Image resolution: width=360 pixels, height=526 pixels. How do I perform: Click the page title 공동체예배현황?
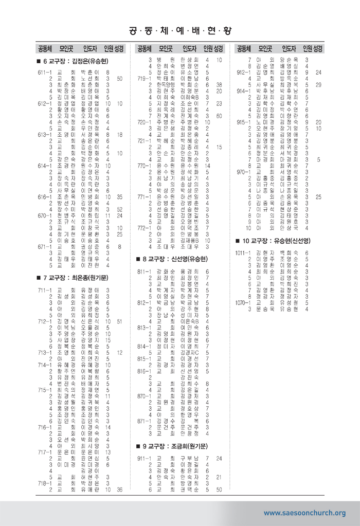click(x=180, y=30)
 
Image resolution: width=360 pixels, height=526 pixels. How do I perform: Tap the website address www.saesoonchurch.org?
click(x=304, y=513)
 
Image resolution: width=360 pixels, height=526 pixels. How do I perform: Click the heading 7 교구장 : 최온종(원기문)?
click(x=75, y=278)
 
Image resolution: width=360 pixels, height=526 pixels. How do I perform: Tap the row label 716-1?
click(x=43, y=427)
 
